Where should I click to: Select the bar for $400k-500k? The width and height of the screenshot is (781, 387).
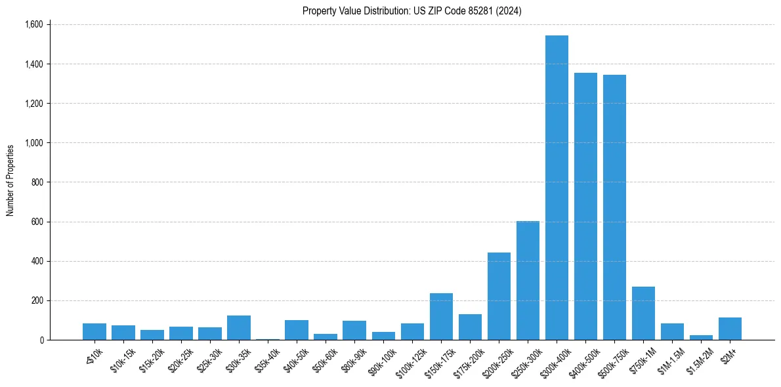tap(585, 207)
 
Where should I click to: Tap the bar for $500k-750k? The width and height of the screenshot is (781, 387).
tap(614, 207)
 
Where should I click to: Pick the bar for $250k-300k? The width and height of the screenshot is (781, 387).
tap(528, 281)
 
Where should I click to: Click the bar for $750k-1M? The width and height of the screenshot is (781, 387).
tap(643, 314)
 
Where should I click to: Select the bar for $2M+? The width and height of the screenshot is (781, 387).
tap(730, 329)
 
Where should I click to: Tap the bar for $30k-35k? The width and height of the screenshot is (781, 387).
tap(239, 328)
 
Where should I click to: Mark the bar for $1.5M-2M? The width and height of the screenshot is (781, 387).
tap(701, 337)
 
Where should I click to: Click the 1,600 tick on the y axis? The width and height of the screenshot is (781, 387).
tap(33, 24)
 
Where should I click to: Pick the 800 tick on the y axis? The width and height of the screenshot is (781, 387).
tap(37, 182)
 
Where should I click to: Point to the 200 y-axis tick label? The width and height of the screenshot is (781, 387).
tap(37, 300)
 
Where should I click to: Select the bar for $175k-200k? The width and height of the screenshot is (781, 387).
tap(470, 327)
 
